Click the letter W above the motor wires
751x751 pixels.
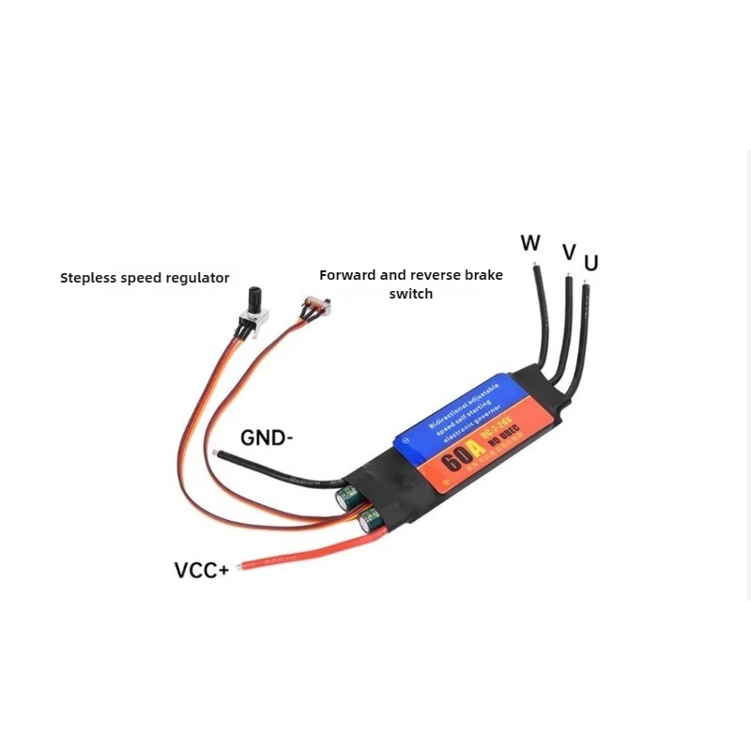tap(530, 243)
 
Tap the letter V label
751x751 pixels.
tap(568, 252)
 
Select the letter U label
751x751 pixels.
tap(590, 263)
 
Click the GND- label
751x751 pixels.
tap(268, 437)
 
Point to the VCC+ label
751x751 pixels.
tap(201, 570)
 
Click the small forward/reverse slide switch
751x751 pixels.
tap(317, 304)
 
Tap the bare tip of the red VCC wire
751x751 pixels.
tap(244, 565)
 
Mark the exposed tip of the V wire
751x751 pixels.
tap(568, 278)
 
